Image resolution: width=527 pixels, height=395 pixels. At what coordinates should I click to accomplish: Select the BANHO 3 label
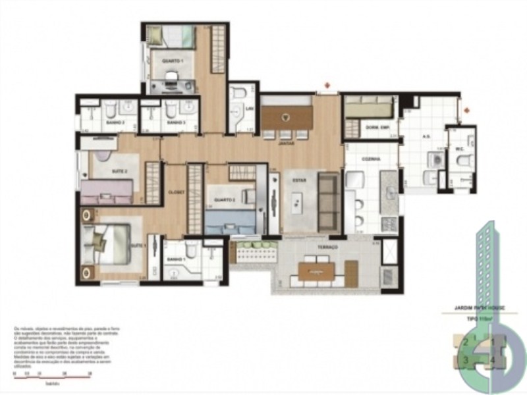click(x=175, y=122)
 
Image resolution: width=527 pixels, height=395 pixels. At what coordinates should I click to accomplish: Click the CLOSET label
click(x=175, y=192)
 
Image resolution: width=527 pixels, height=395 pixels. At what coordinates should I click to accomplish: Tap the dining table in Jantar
click(x=286, y=117)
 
